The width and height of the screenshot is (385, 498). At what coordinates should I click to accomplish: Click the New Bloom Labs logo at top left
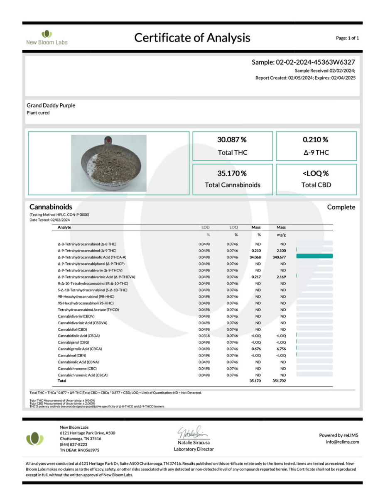(x=47, y=37)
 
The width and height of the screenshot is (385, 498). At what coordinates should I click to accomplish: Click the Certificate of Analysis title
(x=192, y=38)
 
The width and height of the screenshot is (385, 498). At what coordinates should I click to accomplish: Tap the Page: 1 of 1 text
(x=347, y=38)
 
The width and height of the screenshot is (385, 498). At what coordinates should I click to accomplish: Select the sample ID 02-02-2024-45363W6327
(x=315, y=62)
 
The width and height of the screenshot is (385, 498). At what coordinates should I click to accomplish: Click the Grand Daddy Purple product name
(x=51, y=105)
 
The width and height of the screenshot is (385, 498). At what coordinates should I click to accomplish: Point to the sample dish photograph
(x=109, y=163)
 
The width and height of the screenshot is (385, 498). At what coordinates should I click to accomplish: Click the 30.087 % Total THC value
(x=232, y=140)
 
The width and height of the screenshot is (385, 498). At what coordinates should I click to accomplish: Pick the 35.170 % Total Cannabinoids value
(x=232, y=173)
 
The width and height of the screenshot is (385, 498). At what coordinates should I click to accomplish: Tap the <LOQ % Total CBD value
(x=316, y=173)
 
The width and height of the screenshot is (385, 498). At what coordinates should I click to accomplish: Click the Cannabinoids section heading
(x=51, y=207)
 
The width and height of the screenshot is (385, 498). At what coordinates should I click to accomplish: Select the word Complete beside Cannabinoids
(x=341, y=207)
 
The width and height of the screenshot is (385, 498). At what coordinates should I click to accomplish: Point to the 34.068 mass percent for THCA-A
(x=255, y=257)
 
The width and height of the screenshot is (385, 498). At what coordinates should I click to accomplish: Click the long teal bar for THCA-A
(x=314, y=256)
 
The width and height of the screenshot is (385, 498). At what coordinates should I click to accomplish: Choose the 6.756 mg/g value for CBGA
(x=281, y=349)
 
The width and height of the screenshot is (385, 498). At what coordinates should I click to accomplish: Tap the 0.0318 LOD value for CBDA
(x=204, y=336)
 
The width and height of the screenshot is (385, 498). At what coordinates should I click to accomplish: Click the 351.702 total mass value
(x=279, y=381)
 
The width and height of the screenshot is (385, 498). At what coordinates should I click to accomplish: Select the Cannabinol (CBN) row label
(x=72, y=356)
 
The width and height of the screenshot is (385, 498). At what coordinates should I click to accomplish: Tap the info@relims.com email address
(x=342, y=442)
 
